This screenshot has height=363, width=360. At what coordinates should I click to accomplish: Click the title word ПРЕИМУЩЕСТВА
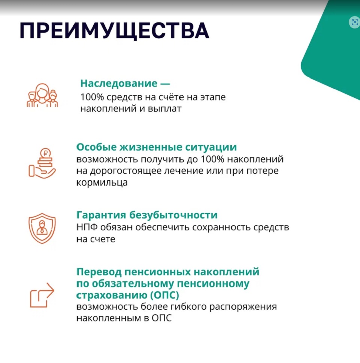[x=115, y=31]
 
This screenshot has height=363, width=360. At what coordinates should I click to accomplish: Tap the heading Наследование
[x=119, y=83]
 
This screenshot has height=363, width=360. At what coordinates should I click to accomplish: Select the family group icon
[x=42, y=95]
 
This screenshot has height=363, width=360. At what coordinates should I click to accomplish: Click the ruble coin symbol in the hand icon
[x=45, y=153]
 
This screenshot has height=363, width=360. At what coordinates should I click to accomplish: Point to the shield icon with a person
[x=42, y=228]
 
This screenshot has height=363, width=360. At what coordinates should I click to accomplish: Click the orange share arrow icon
[x=42, y=295]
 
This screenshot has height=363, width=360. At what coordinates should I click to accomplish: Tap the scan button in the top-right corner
[x=354, y=22]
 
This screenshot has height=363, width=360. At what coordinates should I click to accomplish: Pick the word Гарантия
[x=101, y=215]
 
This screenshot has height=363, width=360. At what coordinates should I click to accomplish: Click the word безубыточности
[x=173, y=215]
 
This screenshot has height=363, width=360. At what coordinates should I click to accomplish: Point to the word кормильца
[x=102, y=182]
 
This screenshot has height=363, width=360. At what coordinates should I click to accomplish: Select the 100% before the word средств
[x=92, y=97]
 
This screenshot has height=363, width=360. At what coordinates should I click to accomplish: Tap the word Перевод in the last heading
[x=99, y=272]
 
